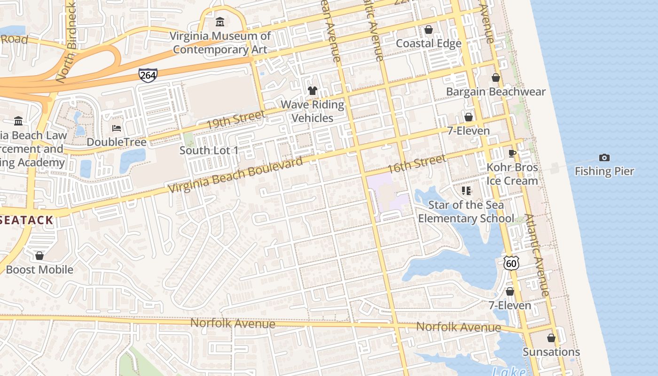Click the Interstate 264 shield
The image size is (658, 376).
pos(148,75)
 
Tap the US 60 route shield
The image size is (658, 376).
pos(511,263)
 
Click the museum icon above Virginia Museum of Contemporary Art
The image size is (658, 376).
pos(219,22)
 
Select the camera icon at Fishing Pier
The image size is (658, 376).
pos(604,158)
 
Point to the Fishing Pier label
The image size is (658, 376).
pos(604,171)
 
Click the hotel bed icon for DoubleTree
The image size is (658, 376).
pos(117,128)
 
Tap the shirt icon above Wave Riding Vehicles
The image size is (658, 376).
pos(313,90)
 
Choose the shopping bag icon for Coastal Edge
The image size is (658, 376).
pos(429,30)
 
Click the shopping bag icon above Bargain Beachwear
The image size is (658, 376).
pos(496,78)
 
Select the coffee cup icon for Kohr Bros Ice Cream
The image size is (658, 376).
pos(512,153)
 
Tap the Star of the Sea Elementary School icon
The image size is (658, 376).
pos(466,191)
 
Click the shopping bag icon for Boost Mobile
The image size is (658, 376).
pos(39,256)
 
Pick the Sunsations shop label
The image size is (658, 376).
pos(551,352)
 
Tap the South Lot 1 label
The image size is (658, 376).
pos(209,150)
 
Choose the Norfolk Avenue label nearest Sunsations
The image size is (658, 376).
pos(458,327)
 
